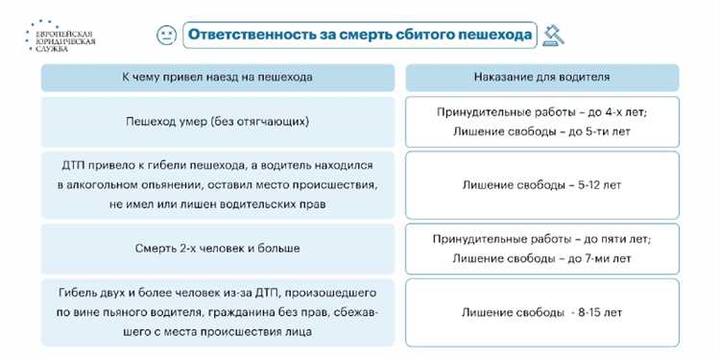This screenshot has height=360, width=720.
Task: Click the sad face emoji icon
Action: pyautogui.click(x=166, y=35)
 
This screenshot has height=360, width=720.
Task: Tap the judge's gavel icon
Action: pyautogui.click(x=553, y=36)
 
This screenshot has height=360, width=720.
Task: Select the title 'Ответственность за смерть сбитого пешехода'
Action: pyautogui.click(x=359, y=35)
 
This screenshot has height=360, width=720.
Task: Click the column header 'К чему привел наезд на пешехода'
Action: pyautogui.click(x=218, y=77)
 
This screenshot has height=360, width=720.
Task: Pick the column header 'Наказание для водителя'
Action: pyautogui.click(x=541, y=77)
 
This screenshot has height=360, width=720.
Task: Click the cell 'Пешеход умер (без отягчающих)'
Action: pyautogui.click(x=218, y=122)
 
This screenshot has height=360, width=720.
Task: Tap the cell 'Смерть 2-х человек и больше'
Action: pyautogui.click(x=218, y=249)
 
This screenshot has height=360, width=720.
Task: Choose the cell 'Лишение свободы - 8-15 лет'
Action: pyautogui.click(x=541, y=312)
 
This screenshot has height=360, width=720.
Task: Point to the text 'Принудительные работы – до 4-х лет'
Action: pyautogui.click(x=541, y=112)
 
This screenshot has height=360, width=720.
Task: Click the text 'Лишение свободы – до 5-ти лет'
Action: pyautogui.click(x=541, y=132)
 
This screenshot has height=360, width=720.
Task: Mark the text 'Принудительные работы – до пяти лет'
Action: pyautogui.click(x=541, y=239)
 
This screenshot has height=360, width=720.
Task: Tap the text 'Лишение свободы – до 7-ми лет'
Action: pyautogui.click(x=541, y=258)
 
